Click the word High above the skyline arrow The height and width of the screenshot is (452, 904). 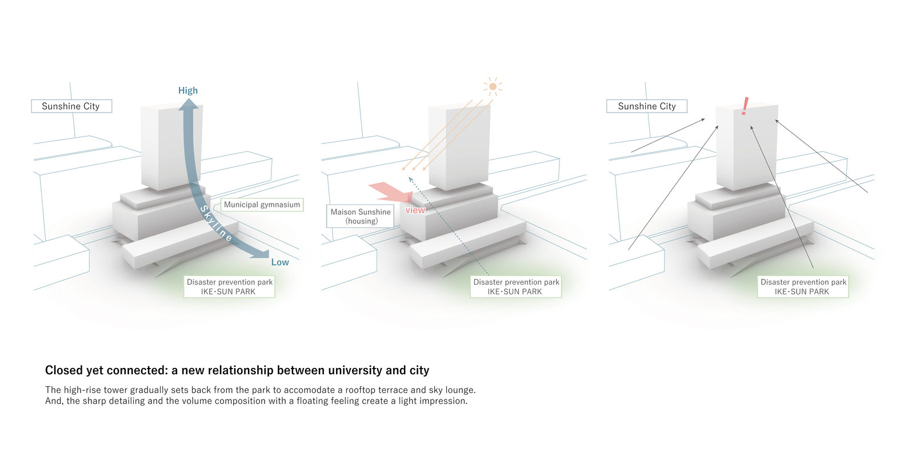[x=187, y=90]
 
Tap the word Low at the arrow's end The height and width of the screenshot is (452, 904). [x=280, y=262]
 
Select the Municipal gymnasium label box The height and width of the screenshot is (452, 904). [x=262, y=205]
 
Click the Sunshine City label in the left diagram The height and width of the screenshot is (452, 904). [x=71, y=106]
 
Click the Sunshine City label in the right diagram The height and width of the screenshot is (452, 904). [x=647, y=106]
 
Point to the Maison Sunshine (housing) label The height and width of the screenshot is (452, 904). [x=361, y=216]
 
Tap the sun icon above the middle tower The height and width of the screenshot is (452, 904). [x=493, y=86]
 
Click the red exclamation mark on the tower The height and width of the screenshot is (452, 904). [x=745, y=106]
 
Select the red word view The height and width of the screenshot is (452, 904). [x=415, y=210]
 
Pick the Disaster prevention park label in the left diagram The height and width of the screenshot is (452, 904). [x=230, y=287]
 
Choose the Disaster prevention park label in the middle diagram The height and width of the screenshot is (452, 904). [x=516, y=287]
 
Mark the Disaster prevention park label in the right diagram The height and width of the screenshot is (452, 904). [x=803, y=287]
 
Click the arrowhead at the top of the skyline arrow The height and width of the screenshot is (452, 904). [x=188, y=103]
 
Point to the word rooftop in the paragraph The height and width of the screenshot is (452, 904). [x=365, y=390]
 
